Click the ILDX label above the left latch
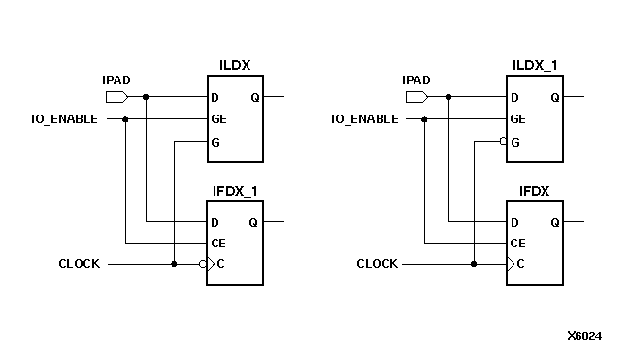coord(236,65)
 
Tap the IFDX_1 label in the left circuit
coord(235,190)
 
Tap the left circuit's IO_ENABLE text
coord(65,119)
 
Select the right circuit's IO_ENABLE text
coord(364,119)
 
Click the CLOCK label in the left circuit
coord(79,264)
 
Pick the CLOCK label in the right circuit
coord(378,264)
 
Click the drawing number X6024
coord(584,336)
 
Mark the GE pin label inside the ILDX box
coord(218,119)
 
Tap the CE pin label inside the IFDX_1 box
coord(218,243)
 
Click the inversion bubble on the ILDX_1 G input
coord(503,142)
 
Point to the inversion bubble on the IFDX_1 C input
coord(202,264)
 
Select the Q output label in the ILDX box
coord(254,97)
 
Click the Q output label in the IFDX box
coord(554,222)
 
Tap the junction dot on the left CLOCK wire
coord(173,264)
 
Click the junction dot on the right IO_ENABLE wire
coord(424,119)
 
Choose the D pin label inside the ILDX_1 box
coord(514,97)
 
